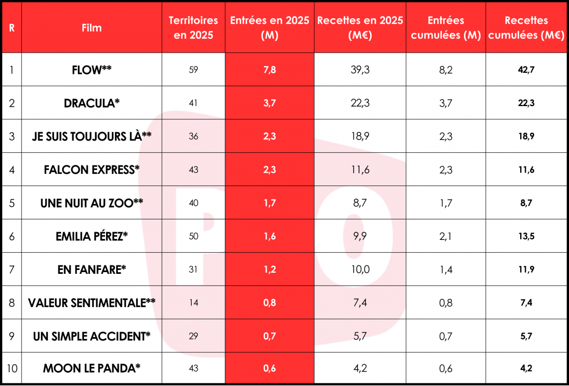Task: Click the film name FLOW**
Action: [x=92, y=70]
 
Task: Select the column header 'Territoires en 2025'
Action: [x=193, y=27]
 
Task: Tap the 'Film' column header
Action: [x=92, y=28]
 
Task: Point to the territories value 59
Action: [x=193, y=70]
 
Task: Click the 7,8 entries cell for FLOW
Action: [x=269, y=70]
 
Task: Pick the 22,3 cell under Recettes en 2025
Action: [x=360, y=103]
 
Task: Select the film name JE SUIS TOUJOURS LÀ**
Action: [x=92, y=137]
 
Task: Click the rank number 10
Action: [x=12, y=369]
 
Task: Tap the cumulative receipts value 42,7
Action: [x=526, y=70]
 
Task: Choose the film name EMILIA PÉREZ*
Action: [x=92, y=236]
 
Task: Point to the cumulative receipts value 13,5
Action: [x=526, y=236]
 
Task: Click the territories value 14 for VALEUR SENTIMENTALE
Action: [x=193, y=303]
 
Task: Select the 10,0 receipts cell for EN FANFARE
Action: [x=360, y=269]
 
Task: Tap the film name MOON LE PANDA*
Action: [x=92, y=369]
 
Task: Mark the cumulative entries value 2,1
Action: [x=446, y=236]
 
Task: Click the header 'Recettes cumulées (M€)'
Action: [x=526, y=27]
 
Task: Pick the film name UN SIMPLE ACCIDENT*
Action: [x=92, y=336]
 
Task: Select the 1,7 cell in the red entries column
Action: [x=269, y=203]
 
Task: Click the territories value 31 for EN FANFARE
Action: [x=193, y=269]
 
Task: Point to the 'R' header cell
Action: [x=12, y=28]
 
